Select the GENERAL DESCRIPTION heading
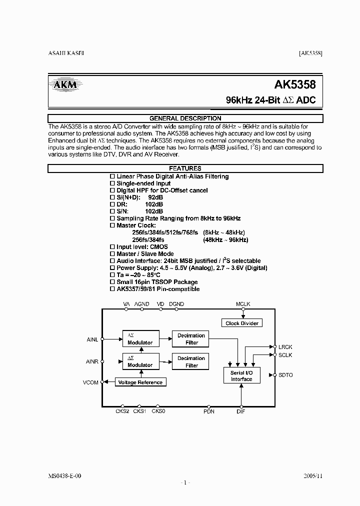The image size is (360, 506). (185, 118)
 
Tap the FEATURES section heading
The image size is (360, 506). (185, 168)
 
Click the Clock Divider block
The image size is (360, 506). (241, 323)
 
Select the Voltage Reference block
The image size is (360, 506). (140, 382)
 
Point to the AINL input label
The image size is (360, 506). (92, 339)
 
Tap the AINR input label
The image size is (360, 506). (92, 361)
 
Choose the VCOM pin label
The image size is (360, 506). (91, 382)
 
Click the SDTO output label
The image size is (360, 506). (286, 374)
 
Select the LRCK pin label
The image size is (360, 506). (285, 346)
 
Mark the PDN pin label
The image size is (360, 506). (209, 411)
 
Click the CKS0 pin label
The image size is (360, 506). (158, 411)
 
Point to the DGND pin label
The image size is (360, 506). (176, 304)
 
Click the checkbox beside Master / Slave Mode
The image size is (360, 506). (112, 254)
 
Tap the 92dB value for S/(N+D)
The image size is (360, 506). (155, 197)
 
